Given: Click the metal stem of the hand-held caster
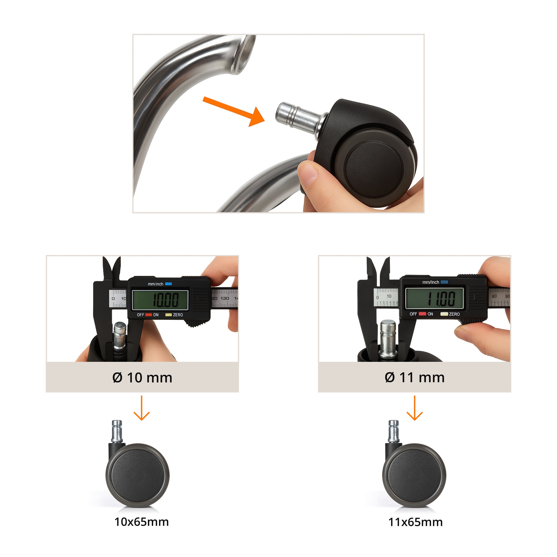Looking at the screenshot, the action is click(x=300, y=117).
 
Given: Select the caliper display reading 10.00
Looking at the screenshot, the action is click(x=160, y=300).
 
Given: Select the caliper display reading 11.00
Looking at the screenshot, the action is click(x=435, y=298).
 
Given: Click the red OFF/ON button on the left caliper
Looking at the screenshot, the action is click(x=148, y=315).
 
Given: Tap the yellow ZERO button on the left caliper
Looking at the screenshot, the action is click(x=168, y=315).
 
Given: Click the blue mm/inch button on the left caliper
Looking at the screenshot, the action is click(x=168, y=284).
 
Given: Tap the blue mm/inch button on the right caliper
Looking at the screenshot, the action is click(x=444, y=282).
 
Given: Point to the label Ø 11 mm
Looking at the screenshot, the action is click(x=414, y=377).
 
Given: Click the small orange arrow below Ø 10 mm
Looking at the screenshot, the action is click(x=142, y=408).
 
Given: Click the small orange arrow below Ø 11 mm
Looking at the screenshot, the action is click(x=414, y=408).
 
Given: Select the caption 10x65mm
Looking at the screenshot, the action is click(x=142, y=522).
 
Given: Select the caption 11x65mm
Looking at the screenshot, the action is click(x=415, y=522).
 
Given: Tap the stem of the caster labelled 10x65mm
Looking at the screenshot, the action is click(x=117, y=431).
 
